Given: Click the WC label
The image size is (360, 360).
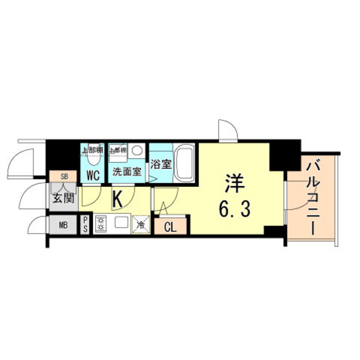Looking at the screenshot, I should coord(93,175).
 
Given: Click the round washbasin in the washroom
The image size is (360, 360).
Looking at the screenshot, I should coord(136,151).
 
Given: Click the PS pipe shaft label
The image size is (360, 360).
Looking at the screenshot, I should coord(85,224).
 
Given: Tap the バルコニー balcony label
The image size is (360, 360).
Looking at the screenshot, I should coord(313,197).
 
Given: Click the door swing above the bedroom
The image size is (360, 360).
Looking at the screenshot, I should coord(229,130).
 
